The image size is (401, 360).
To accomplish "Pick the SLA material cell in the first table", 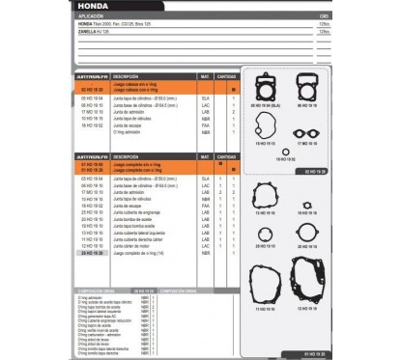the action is (x=205, y=98).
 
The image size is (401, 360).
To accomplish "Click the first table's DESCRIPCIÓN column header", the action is (x=126, y=74).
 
